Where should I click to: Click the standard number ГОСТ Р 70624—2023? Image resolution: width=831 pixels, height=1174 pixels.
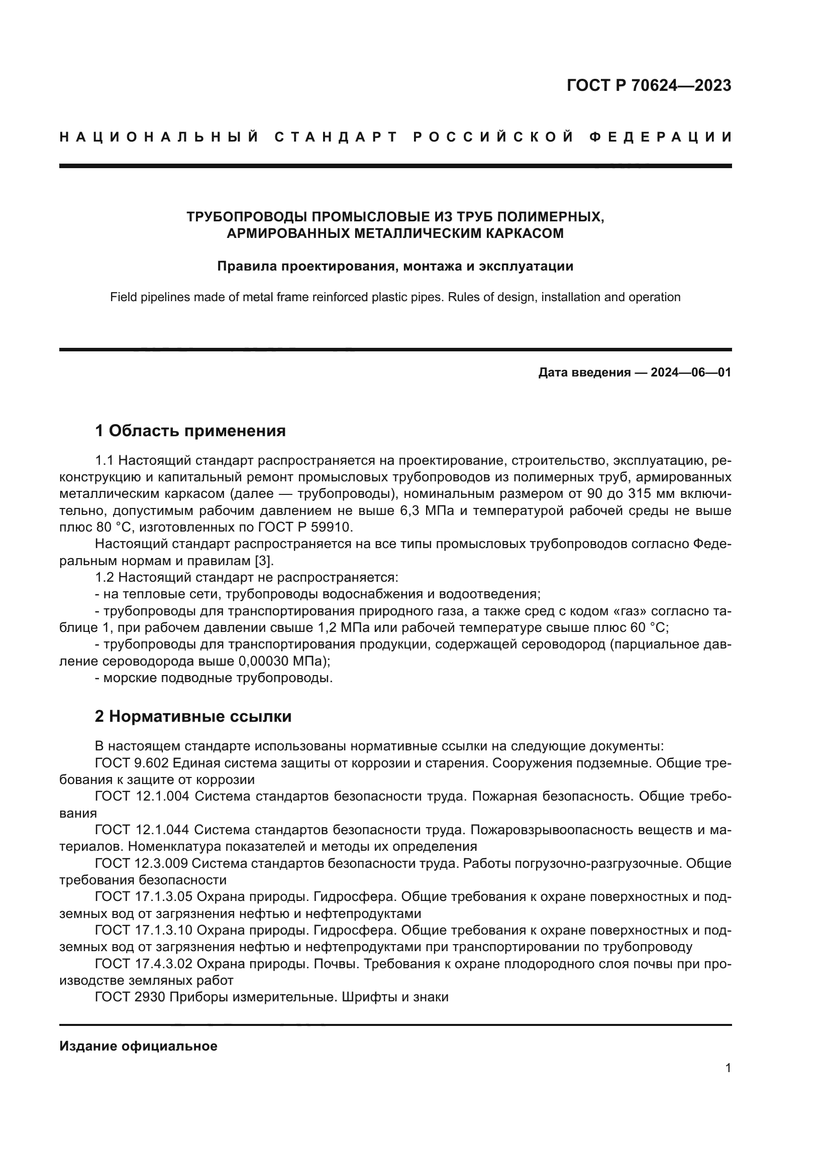649,85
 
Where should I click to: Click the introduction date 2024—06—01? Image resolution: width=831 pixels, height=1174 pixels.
690,373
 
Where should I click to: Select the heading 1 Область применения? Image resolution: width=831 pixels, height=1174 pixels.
190,431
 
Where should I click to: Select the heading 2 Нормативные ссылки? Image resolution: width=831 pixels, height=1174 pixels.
193,717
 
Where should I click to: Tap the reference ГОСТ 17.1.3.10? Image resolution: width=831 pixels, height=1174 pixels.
144,930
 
